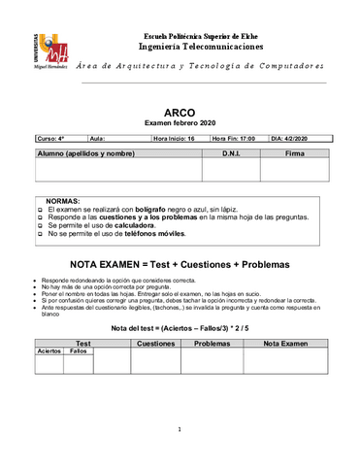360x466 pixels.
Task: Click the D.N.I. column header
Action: [230, 153]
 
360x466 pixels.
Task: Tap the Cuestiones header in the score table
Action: [156, 343]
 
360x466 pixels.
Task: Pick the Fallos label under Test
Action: [78, 350]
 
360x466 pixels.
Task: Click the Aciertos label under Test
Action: [49, 350]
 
